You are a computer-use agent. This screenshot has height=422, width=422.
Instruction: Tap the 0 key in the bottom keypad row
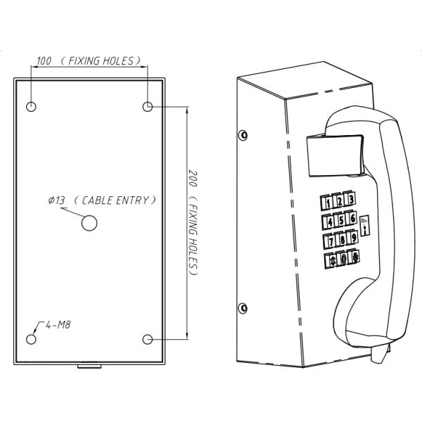pyautogui.click(x=342, y=258)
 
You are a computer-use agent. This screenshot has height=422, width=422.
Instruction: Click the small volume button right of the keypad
pyautogui.click(x=364, y=225)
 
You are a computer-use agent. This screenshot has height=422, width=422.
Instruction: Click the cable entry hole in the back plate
pyautogui.click(x=89, y=223)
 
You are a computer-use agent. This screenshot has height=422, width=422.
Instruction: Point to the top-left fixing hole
pyautogui.click(x=32, y=106)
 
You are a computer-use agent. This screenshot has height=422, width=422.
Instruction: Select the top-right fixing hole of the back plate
pyautogui.click(x=148, y=106)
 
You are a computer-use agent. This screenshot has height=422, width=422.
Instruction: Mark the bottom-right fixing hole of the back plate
pyautogui.click(x=148, y=339)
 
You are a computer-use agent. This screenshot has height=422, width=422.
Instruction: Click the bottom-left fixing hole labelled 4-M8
pyautogui.click(x=32, y=339)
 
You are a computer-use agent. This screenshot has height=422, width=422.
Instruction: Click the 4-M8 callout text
pyautogui.click(x=56, y=326)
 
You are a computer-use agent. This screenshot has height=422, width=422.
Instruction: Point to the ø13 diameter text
pyautogui.click(x=58, y=200)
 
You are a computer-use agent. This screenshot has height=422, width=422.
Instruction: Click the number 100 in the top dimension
pyautogui.click(x=44, y=61)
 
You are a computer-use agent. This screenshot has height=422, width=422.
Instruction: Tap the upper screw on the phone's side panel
pyautogui.click(x=243, y=134)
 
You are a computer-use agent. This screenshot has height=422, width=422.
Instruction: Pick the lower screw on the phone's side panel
pyautogui.click(x=243, y=306)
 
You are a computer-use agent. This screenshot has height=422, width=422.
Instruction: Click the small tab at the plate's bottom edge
pyautogui.click(x=89, y=366)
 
